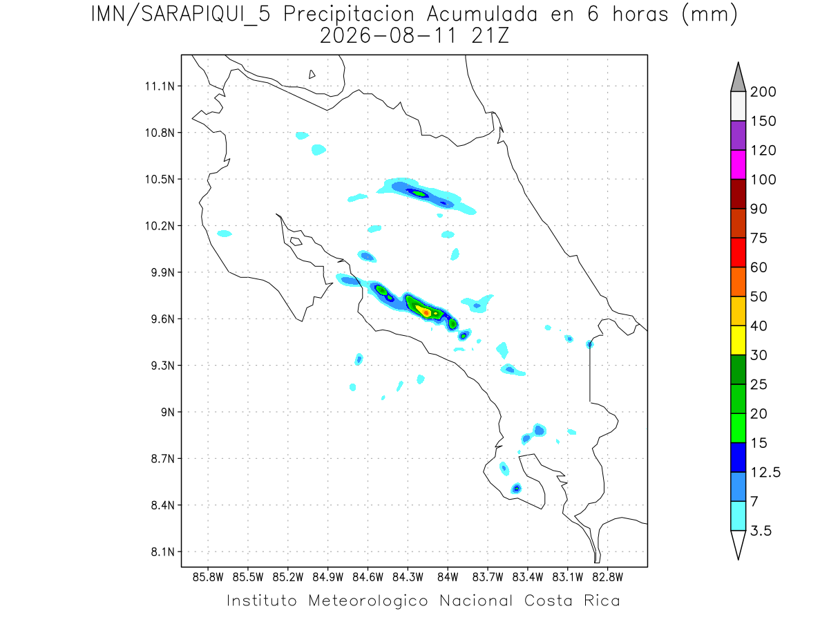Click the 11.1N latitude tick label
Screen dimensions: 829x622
(x=160, y=86)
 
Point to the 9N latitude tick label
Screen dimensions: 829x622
(x=168, y=412)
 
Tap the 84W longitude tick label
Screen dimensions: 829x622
(x=448, y=577)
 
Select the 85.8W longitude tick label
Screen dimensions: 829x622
(x=208, y=577)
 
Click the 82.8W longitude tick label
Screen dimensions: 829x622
(x=607, y=577)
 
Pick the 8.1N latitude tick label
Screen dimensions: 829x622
(x=163, y=552)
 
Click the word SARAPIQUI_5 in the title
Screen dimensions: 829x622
(x=206, y=15)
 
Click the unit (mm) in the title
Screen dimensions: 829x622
(x=709, y=15)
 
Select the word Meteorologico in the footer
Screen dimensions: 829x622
(x=368, y=601)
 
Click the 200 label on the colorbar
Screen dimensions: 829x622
(x=763, y=92)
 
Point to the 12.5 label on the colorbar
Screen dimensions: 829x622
(x=765, y=472)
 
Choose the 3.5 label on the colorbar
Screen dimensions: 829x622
(x=761, y=531)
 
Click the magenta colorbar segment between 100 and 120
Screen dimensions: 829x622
(x=738, y=164)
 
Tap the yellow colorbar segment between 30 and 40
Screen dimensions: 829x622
(x=738, y=340)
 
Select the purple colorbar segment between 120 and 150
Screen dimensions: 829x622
(x=738, y=135)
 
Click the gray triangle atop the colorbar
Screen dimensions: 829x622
(x=738, y=80)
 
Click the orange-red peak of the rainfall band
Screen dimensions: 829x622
(x=426, y=312)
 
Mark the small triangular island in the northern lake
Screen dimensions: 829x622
(x=312, y=75)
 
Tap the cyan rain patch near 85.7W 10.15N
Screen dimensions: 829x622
(x=225, y=234)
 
